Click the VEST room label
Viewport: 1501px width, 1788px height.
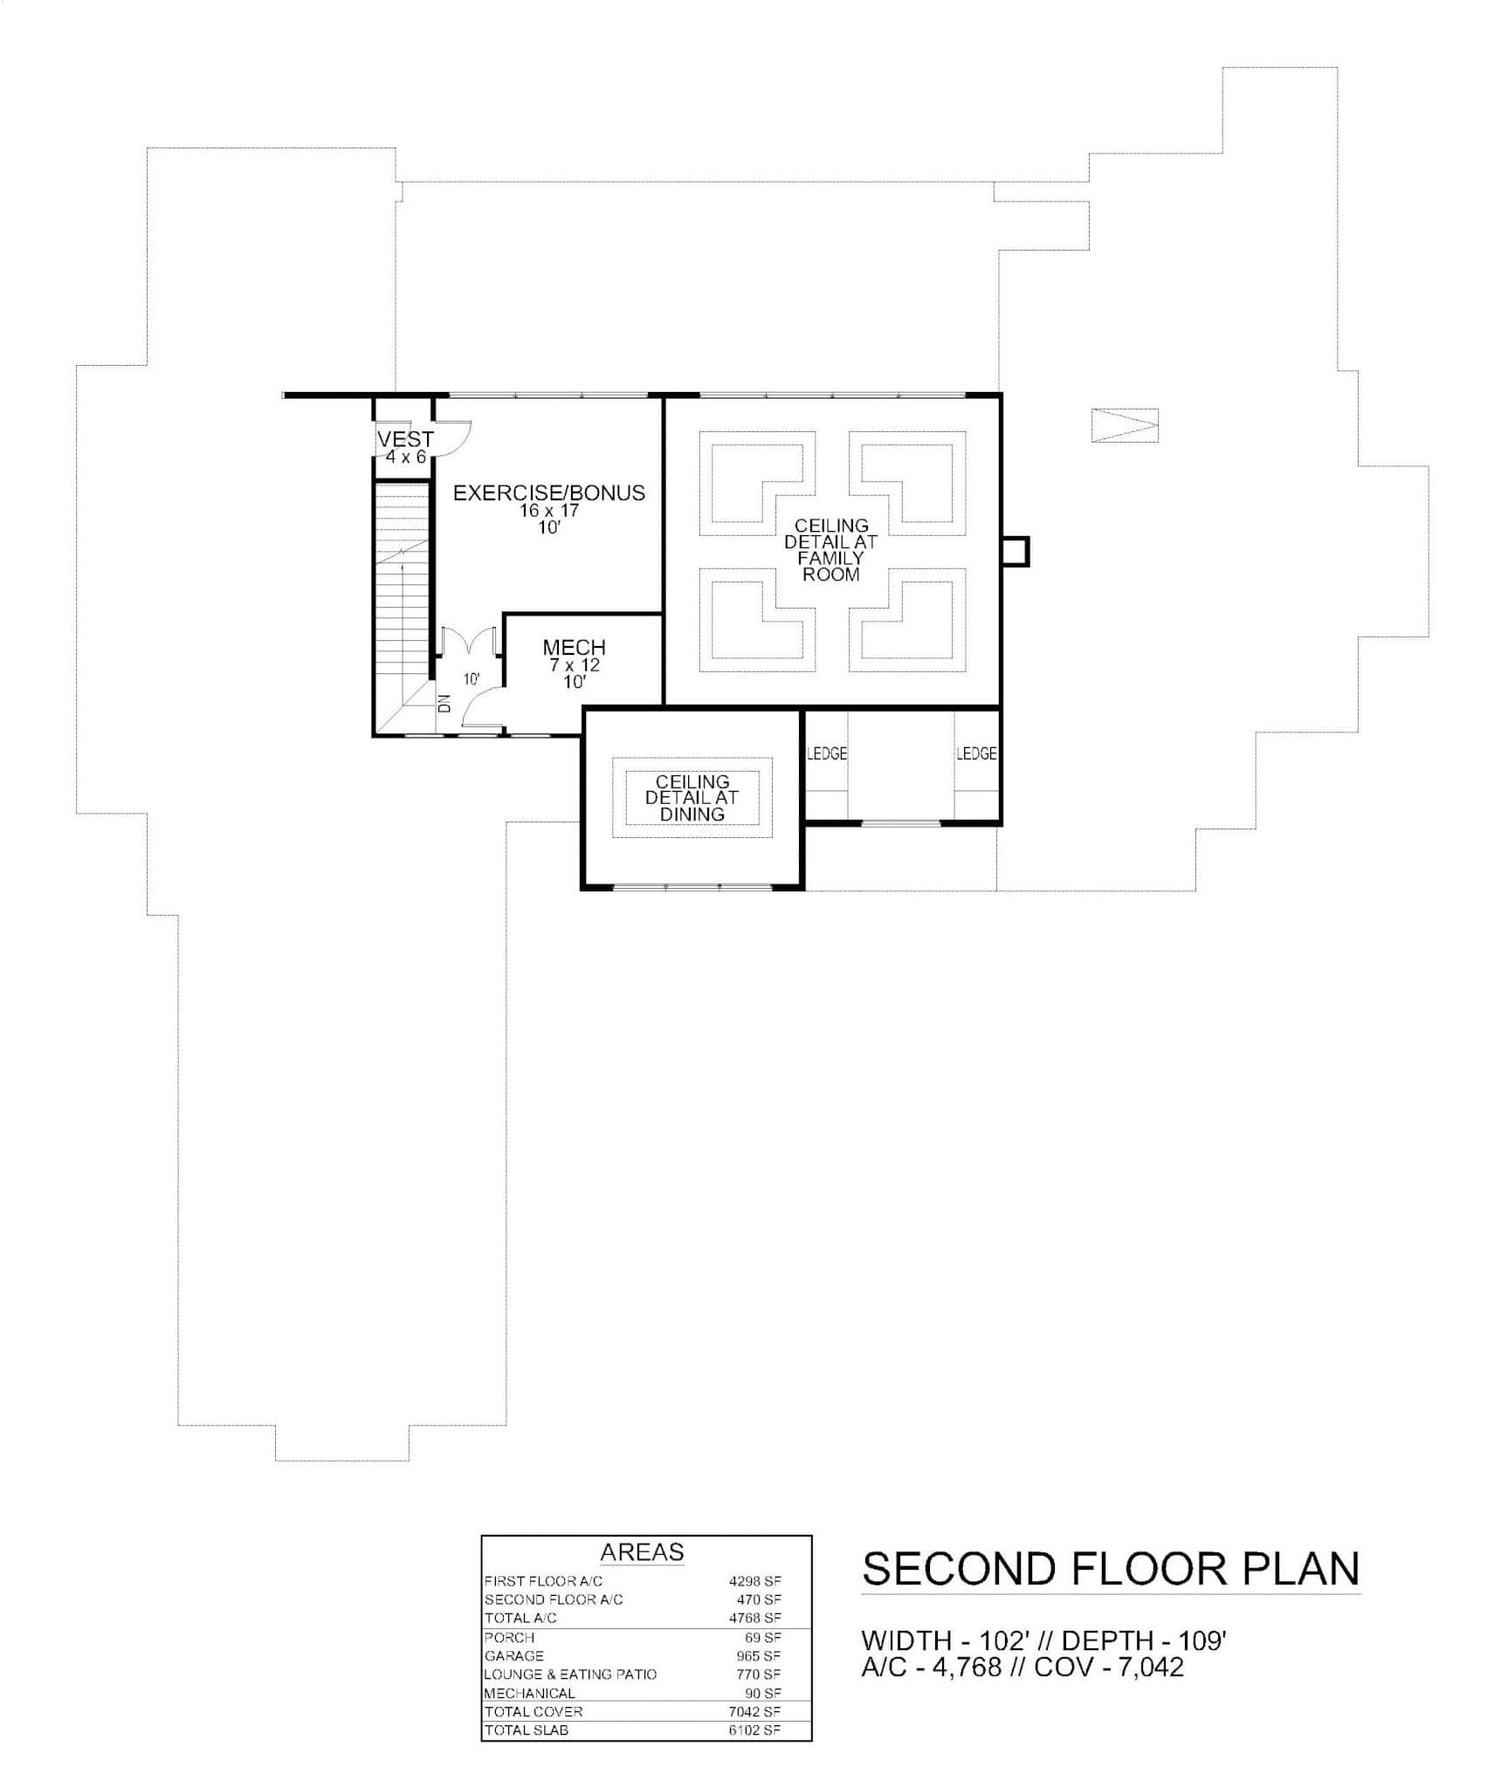[405, 439]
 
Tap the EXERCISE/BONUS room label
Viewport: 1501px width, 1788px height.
[548, 493]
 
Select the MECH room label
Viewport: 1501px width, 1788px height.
[574, 648]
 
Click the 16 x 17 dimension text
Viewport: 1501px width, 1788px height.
[548, 511]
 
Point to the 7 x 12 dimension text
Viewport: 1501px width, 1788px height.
[574, 665]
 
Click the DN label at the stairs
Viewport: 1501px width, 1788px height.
[444, 703]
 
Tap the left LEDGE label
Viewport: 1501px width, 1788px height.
[826, 753]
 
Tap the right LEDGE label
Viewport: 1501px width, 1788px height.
[976, 753]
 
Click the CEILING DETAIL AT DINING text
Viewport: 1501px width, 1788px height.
[692, 798]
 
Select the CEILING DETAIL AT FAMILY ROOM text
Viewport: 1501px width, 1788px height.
[830, 550]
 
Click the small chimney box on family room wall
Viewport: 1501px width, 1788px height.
[1015, 552]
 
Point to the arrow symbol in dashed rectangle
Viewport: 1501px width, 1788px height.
[1125, 425]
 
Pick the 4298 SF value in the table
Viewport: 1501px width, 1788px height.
[754, 1581]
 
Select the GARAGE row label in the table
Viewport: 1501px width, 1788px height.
[513, 1655]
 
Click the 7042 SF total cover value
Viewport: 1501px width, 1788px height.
[754, 1711]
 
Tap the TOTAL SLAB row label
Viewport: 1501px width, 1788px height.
[526, 1730]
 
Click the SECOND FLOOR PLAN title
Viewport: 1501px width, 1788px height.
[1111, 1569]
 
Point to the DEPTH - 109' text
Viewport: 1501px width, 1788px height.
[1144, 1640]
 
